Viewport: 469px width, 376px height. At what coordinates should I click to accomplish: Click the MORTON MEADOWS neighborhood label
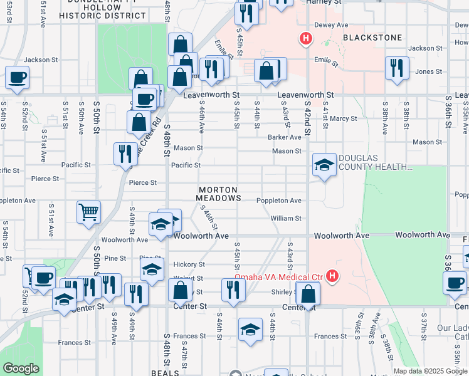click(x=218, y=194)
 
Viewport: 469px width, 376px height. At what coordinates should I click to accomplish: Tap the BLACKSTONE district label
click(x=372, y=38)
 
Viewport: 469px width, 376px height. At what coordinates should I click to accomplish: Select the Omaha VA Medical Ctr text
click(x=278, y=277)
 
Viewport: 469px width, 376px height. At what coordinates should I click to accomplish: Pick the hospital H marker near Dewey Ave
click(x=306, y=39)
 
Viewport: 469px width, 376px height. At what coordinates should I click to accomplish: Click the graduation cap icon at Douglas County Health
click(x=323, y=165)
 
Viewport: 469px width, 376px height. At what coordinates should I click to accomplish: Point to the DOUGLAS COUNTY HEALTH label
click(x=375, y=163)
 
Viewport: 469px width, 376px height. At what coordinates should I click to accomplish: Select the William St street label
click(x=286, y=219)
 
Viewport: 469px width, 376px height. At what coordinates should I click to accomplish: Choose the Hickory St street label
click(x=189, y=265)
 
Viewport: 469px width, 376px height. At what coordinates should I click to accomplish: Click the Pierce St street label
click(x=142, y=183)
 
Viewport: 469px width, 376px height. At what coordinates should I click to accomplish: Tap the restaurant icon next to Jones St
click(x=397, y=68)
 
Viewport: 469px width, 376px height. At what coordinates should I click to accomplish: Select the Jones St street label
click(x=428, y=71)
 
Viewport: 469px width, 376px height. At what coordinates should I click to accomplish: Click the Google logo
click(x=21, y=368)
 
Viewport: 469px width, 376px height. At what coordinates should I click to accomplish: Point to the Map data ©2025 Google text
click(x=430, y=371)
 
